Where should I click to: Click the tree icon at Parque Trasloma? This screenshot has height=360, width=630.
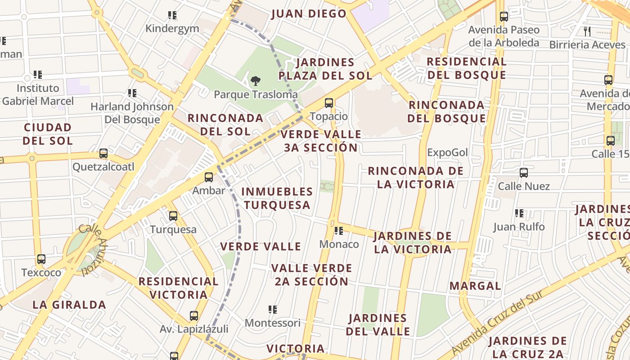click(x=256, y=81)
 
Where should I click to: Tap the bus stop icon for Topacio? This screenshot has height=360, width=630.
click(x=329, y=103)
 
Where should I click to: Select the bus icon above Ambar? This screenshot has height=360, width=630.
click(x=208, y=177)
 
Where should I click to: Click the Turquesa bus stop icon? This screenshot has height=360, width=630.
click(x=173, y=216)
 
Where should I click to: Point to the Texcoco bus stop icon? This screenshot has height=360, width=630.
click(x=41, y=259)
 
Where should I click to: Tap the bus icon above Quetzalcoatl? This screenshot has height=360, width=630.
click(x=103, y=153)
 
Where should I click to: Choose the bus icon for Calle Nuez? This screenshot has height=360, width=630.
click(x=524, y=173)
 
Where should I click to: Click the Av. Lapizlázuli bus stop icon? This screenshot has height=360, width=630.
click(x=194, y=316)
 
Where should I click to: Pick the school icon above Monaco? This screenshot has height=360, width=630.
click(x=339, y=231)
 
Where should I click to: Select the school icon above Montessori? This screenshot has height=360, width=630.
click(x=273, y=310)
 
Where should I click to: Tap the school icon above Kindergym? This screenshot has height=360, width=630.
click(x=172, y=16)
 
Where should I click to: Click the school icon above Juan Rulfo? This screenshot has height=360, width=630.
click(x=519, y=213)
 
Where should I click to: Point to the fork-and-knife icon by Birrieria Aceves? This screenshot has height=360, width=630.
click(x=587, y=31)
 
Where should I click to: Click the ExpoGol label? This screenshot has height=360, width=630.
click(x=448, y=153)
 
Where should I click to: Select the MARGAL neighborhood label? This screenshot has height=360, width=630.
click(x=475, y=286)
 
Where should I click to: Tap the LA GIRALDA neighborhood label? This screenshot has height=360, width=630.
click(x=69, y=305)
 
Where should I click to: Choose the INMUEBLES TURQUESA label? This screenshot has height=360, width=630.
click(x=277, y=198)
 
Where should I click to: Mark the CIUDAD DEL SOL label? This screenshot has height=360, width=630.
click(x=48, y=134)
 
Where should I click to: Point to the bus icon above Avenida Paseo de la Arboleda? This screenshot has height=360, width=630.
click(x=504, y=17)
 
